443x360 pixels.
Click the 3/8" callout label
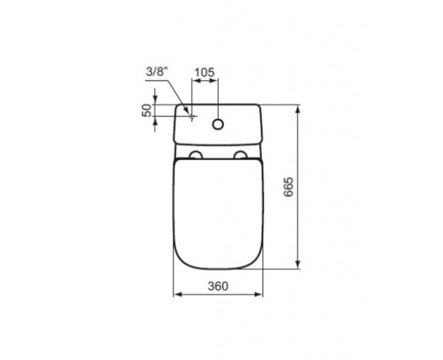pyautogui.click(x=157, y=73)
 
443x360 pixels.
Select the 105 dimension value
pyautogui.click(x=204, y=73)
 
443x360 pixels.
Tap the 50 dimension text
pyautogui.click(x=147, y=110)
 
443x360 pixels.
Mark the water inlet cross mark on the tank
pyautogui.click(x=192, y=117)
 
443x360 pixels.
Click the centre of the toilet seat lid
pyautogui.click(x=218, y=213)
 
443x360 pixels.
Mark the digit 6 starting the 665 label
pyautogui.click(x=288, y=197)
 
